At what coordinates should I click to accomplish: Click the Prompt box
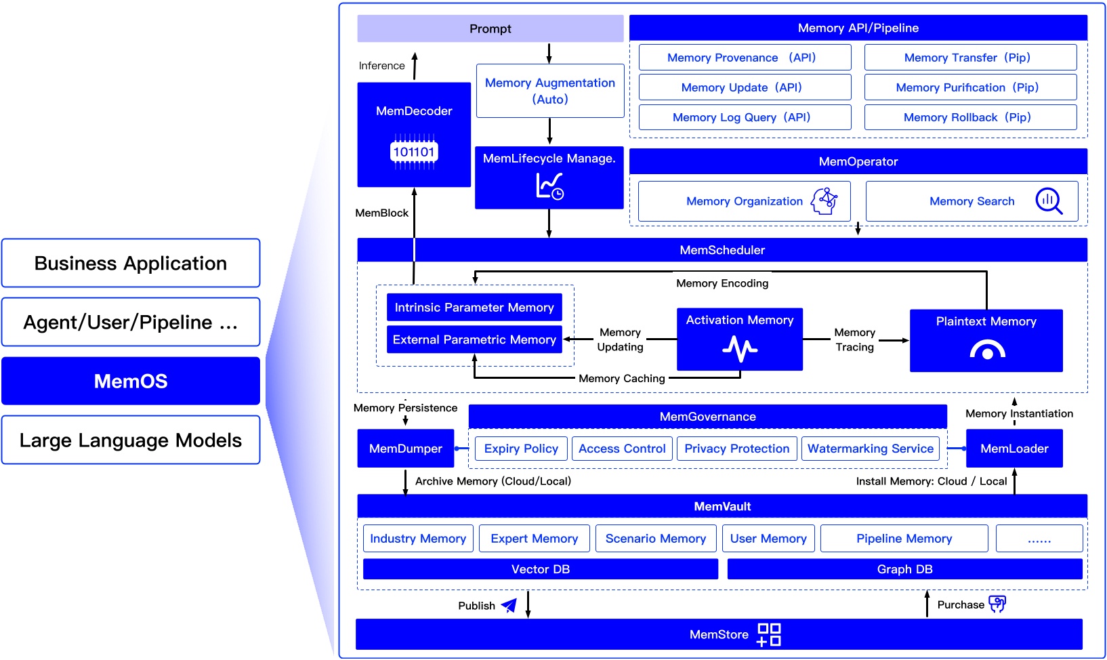pyautogui.click(x=490, y=28)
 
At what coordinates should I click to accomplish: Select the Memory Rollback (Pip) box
pyautogui.click(x=970, y=117)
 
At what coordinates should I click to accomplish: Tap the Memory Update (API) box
pyautogui.click(x=745, y=87)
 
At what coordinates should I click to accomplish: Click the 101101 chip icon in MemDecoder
pyautogui.click(x=414, y=152)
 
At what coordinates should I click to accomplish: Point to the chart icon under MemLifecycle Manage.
pyautogui.click(x=549, y=186)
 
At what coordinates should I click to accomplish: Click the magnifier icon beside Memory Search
pyautogui.click(x=1049, y=201)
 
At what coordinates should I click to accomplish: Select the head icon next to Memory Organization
pyautogui.click(x=824, y=201)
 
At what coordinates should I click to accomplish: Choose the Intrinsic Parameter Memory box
pyautogui.click(x=474, y=308)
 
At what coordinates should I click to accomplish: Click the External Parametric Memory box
pyautogui.click(x=474, y=339)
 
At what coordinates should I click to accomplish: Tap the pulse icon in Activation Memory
pyautogui.click(x=740, y=349)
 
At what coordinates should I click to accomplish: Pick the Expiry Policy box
pyautogui.click(x=521, y=449)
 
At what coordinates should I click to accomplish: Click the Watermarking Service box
pyautogui.click(x=871, y=449)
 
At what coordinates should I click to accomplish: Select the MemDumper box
pyautogui.click(x=406, y=449)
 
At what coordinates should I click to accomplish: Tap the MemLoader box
pyautogui.click(x=1015, y=449)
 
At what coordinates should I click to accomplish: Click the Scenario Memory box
pyautogui.click(x=656, y=539)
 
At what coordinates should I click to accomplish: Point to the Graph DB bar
pyautogui.click(x=905, y=569)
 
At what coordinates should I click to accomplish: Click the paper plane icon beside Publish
pyautogui.click(x=509, y=605)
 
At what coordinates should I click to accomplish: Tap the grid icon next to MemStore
pyautogui.click(x=770, y=635)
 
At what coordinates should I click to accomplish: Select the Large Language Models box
pyautogui.click(x=131, y=440)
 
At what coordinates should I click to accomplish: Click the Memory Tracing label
pyautogui.click(x=855, y=339)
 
